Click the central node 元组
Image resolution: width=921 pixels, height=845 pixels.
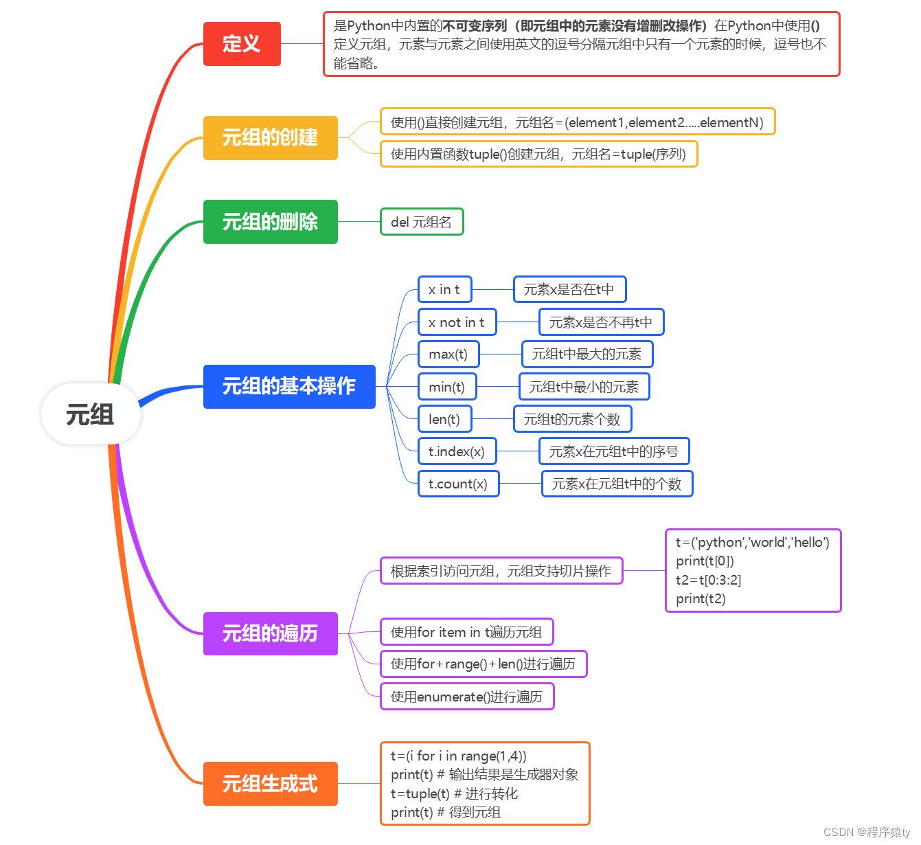coord(90,414)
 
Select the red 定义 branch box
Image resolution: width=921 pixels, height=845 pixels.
coord(242,44)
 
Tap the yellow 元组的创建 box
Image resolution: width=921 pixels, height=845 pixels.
coord(270,137)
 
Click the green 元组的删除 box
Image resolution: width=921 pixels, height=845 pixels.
coord(270,222)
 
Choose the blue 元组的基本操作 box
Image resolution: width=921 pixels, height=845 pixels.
coord(289,386)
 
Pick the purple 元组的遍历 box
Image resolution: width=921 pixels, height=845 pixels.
coord(270,633)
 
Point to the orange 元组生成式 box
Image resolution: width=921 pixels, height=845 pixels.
coord(270,783)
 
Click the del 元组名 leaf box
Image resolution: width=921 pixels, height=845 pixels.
coord(422,222)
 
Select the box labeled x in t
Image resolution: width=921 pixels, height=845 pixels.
coord(444,289)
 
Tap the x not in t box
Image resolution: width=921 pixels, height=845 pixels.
coord(457,322)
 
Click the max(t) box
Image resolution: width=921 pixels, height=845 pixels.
coord(448,354)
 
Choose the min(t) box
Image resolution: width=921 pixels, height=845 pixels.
coord(446,387)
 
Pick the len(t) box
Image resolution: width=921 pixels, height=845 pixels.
coord(444,419)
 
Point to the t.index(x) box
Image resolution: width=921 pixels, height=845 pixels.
coord(457,451)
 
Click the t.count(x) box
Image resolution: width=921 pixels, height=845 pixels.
coord(458,484)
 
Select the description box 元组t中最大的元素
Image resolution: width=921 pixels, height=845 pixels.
coord(587,354)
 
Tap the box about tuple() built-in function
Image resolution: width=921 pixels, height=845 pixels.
coord(538,154)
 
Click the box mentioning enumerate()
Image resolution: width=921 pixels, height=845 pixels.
coord(466,697)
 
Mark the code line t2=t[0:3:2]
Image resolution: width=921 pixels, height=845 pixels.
coord(709,580)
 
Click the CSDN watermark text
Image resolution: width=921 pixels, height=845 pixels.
coord(866,832)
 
